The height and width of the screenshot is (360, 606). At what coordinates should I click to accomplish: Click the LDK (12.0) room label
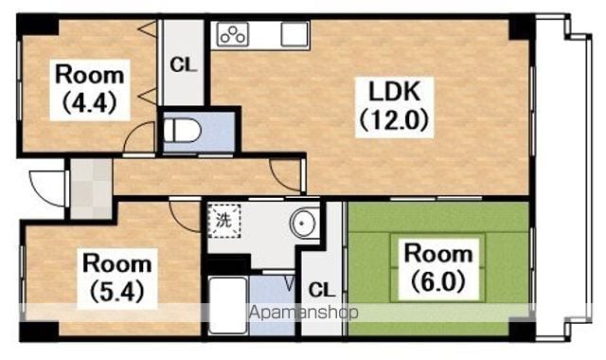coord(394,106)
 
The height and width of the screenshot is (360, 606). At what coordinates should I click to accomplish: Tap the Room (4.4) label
coord(90,89)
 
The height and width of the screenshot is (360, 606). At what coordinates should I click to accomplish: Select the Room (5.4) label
coord(117,278)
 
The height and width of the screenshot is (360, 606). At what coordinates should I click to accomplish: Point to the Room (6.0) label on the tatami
coord(438,267)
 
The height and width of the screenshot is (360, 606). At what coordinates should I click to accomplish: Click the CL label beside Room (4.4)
coord(184,65)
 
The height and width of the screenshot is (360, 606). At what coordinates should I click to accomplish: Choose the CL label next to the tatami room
coord(322,289)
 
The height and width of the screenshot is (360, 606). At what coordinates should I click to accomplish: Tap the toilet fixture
coord(182,131)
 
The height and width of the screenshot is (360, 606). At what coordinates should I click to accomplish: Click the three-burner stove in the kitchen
coord(233,35)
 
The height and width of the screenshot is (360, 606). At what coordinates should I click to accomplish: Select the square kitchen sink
coord(294,34)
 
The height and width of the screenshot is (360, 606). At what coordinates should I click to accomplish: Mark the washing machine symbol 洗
coord(224,221)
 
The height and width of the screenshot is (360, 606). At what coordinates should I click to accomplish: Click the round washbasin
coord(304,224)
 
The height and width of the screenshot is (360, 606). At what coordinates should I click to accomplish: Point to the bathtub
coord(227,305)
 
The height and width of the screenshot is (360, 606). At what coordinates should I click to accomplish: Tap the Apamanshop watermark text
coord(303,313)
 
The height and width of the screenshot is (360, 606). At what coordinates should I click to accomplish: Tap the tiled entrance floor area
coord(91,189)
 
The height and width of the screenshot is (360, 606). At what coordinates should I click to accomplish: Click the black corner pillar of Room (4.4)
coord(38,26)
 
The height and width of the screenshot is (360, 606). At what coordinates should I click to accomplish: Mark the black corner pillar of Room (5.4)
coord(39,331)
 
